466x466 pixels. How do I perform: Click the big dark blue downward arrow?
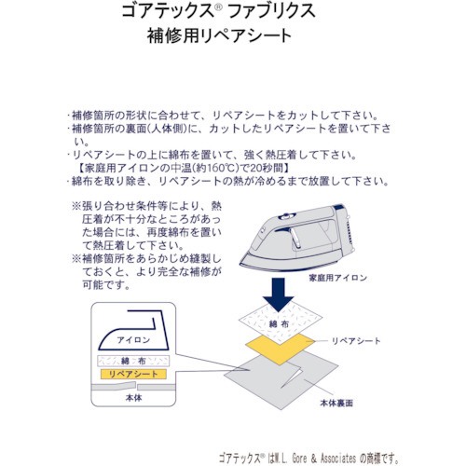(x=278, y=295)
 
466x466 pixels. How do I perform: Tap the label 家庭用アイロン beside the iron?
(x=337, y=278)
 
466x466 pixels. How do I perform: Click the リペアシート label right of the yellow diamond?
(x=356, y=341)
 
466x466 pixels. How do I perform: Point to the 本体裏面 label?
(x=336, y=404)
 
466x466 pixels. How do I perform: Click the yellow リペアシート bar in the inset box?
(x=133, y=374)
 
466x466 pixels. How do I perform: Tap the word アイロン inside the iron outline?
(x=133, y=340)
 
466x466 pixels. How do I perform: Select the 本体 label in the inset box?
(x=133, y=398)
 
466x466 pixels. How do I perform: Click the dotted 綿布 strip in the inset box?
(x=133, y=361)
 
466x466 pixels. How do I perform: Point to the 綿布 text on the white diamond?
(x=279, y=324)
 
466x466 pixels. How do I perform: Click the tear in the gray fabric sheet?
(x=292, y=377)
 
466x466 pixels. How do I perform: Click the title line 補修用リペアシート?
(x=219, y=35)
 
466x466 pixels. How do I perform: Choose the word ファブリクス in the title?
(x=271, y=11)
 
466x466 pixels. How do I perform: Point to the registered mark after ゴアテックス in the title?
(x=218, y=7)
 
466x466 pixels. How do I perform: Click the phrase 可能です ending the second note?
(x=105, y=284)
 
